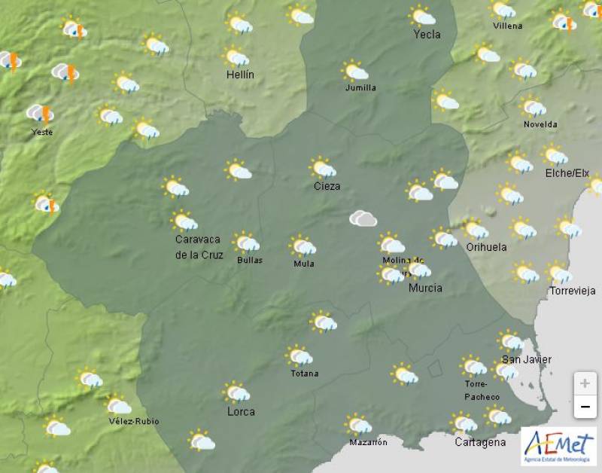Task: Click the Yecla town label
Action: click(427, 35)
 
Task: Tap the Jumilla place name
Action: click(360, 87)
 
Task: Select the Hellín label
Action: click(241, 75)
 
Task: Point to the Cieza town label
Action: click(327, 186)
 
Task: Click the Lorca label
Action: click(241, 411)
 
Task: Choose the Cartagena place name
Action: click(480, 442)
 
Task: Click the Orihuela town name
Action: click(486, 247)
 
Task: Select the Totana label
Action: click(304, 374)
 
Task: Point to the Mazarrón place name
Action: click(367, 442)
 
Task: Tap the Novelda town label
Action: click(540, 124)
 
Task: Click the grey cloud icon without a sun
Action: click(363, 218)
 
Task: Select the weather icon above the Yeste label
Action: click(39, 114)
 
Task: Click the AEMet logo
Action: click(558, 446)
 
